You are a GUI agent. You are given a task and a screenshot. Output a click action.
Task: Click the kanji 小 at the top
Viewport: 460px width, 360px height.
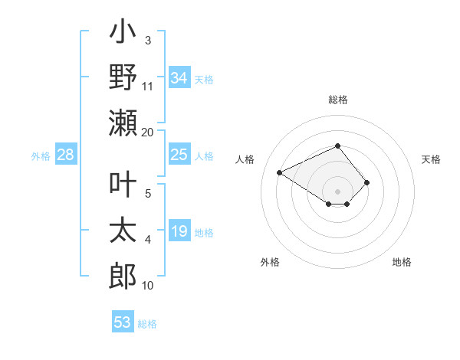click(x=123, y=34)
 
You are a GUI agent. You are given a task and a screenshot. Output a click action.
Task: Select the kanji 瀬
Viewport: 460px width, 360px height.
click(x=123, y=123)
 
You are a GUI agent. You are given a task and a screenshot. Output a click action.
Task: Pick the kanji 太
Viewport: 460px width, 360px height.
click(x=123, y=231)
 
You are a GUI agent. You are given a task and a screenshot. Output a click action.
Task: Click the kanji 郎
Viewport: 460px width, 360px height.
click(x=123, y=277)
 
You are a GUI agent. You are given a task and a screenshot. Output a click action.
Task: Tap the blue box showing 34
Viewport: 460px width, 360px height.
click(x=179, y=78)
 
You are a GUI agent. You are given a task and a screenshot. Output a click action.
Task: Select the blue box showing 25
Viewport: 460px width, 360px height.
click(x=179, y=155)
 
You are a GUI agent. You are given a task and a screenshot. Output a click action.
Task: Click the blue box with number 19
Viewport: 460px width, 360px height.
click(x=179, y=231)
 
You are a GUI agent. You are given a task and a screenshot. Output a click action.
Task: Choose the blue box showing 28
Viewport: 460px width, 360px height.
click(x=66, y=155)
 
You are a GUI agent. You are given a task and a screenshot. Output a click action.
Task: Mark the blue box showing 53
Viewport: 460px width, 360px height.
click(x=123, y=322)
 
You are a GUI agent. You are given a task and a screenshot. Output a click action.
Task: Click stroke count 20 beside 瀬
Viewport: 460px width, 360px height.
click(x=148, y=132)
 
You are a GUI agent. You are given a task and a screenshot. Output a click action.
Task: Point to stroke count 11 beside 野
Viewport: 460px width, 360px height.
click(x=148, y=86)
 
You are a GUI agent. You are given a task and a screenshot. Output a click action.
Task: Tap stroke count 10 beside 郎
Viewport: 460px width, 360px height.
click(x=148, y=286)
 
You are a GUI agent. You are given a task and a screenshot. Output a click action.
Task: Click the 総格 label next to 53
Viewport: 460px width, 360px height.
click(x=147, y=323)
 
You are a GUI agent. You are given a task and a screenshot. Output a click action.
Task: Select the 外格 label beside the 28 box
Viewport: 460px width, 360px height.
click(x=41, y=155)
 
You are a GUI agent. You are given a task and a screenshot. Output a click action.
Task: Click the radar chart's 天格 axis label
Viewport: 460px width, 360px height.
click(x=431, y=159)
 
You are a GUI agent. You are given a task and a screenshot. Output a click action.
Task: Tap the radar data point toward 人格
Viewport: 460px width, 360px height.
click(x=280, y=172)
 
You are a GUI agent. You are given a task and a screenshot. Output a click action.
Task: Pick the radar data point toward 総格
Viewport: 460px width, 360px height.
click(x=337, y=146)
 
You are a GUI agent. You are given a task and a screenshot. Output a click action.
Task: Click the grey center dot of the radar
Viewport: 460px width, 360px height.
click(x=337, y=191)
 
